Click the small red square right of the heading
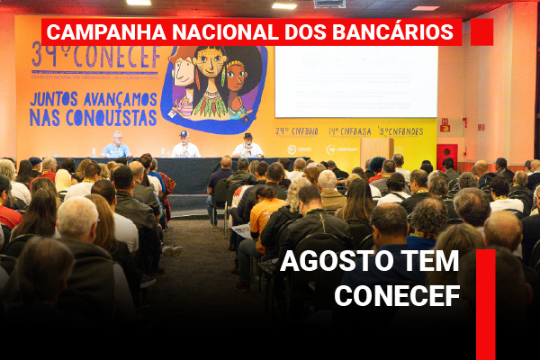coord(481,31)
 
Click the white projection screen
coord(355,82)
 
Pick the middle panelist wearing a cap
coord(185,146)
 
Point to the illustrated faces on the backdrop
coord(213,79)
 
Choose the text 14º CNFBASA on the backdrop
coord(349,130)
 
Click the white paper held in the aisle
coord(241,230)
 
